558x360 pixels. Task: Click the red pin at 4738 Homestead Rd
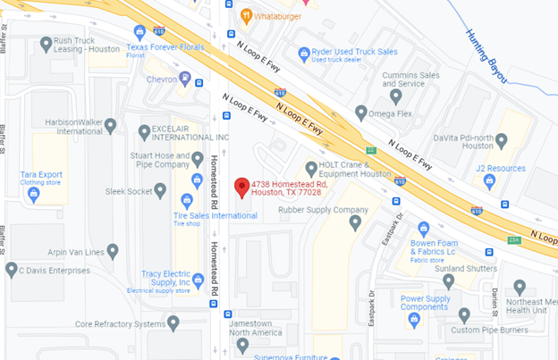click(x=241, y=188)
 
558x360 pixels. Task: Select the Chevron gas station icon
click(x=185, y=80)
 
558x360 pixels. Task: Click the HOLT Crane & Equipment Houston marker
click(x=311, y=168)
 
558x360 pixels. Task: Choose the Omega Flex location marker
click(x=361, y=113)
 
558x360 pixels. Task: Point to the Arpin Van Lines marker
click(x=113, y=252)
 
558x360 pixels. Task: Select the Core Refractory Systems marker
click(x=173, y=322)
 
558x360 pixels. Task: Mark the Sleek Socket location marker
click(x=160, y=190)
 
